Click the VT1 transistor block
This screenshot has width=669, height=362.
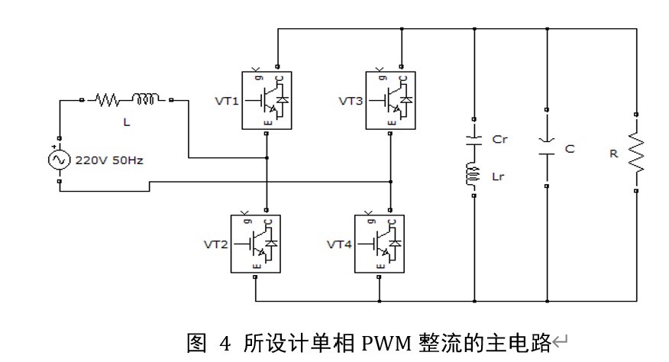(x=267, y=99)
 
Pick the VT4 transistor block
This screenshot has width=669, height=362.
(x=380, y=244)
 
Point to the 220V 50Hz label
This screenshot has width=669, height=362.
(x=109, y=161)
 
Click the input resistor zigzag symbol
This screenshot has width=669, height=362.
(x=108, y=99)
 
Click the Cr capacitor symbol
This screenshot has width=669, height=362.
(x=475, y=141)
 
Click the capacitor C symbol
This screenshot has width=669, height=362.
(x=548, y=147)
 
